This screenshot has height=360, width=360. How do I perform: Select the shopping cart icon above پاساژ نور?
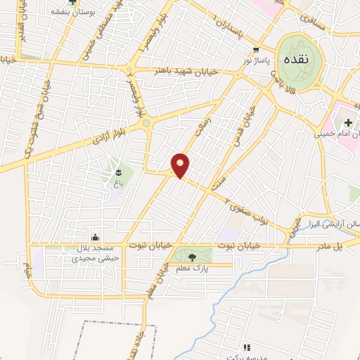pos(257,51)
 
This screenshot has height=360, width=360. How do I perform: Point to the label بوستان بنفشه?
pos(72,12)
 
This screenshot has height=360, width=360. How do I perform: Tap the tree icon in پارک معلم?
pos(193,257)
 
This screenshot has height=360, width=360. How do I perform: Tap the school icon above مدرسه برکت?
pos(247,347)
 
